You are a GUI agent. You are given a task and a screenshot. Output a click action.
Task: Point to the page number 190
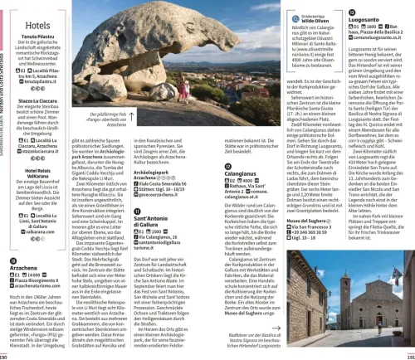click(4, 355)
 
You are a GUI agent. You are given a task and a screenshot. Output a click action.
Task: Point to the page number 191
click(409, 355)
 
